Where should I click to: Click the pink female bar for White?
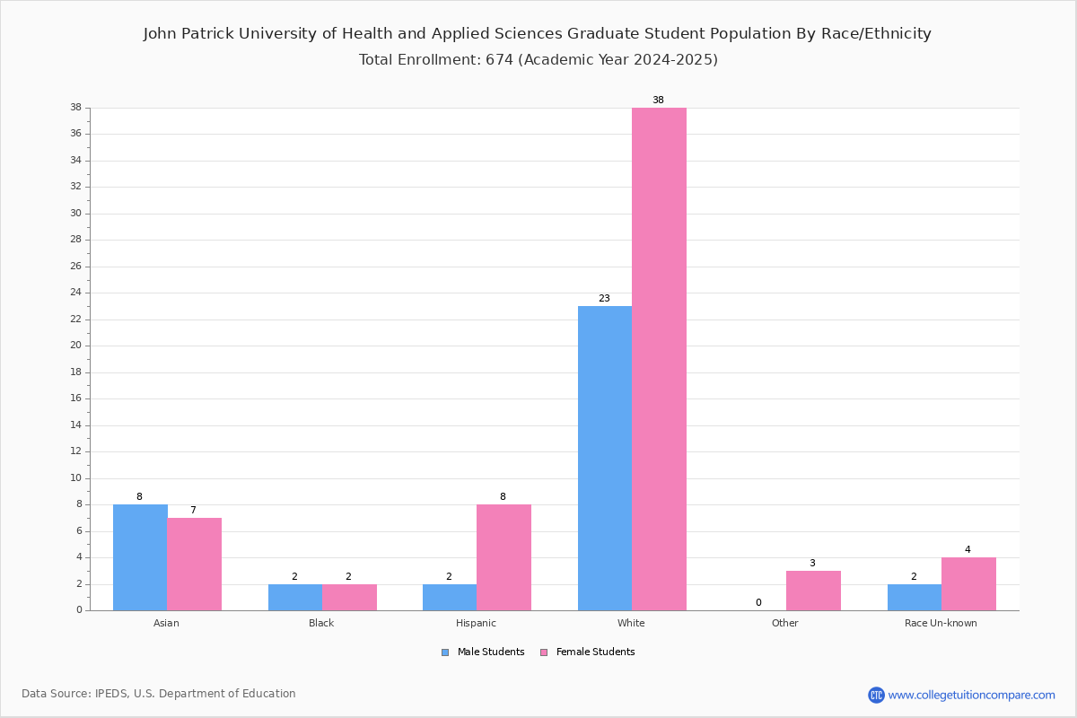(659, 359)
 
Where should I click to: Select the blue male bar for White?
(605, 459)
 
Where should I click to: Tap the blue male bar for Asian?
(140, 558)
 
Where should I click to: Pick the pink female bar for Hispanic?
(503, 558)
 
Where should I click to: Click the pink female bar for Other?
(813, 591)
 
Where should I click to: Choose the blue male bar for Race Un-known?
(915, 598)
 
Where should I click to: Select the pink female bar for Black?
(349, 598)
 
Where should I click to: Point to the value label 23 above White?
(604, 298)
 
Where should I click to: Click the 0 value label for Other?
(758, 602)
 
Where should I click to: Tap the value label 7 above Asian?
(193, 510)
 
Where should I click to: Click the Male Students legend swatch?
(445, 652)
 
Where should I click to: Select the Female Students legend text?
(595, 652)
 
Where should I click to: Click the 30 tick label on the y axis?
(76, 213)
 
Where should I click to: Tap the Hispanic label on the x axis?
(476, 623)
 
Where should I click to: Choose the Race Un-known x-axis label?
(941, 623)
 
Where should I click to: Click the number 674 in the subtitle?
(500, 59)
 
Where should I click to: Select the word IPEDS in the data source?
(111, 694)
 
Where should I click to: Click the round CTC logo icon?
(876, 695)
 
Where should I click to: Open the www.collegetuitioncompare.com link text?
(972, 696)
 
